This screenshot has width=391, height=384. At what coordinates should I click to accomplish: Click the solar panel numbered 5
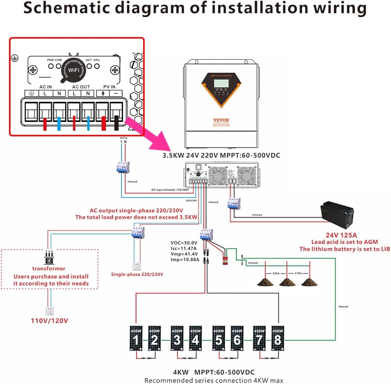(219, 338)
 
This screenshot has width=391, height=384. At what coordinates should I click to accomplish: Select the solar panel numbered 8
(278, 338)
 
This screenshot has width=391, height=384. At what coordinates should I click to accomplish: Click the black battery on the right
(337, 216)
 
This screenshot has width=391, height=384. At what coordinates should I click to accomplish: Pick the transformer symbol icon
(49, 259)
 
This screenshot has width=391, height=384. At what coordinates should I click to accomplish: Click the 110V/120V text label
(50, 321)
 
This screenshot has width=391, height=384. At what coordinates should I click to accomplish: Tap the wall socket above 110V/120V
(49, 310)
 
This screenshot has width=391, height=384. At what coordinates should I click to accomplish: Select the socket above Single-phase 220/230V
(137, 266)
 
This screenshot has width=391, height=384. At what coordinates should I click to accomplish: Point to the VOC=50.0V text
(184, 242)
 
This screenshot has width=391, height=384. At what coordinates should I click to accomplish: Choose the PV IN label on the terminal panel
(109, 86)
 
